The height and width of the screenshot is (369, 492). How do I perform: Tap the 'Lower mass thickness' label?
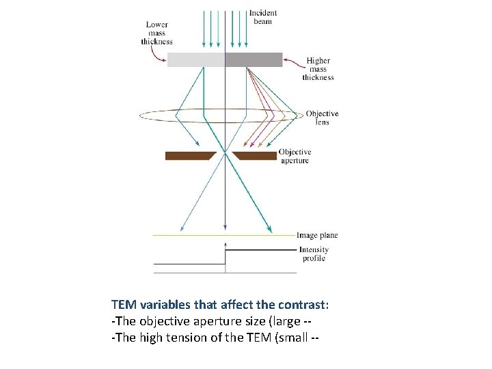tap(156, 33)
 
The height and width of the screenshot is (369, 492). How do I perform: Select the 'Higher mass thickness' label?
tap(318, 69)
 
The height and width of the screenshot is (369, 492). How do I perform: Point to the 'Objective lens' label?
tap(322, 118)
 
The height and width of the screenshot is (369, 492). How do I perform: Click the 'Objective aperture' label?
tap(295, 156)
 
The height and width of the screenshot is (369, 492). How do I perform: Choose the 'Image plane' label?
tap(317, 236)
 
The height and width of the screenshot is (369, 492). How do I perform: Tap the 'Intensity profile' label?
tap(314, 254)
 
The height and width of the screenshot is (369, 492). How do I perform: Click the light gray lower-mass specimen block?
tap(195, 60)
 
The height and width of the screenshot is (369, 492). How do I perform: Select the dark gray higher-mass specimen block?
tap(254, 60)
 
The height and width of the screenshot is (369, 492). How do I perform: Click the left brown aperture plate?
tap(189, 156)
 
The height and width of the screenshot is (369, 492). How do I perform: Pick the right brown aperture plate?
tap(256, 156)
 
